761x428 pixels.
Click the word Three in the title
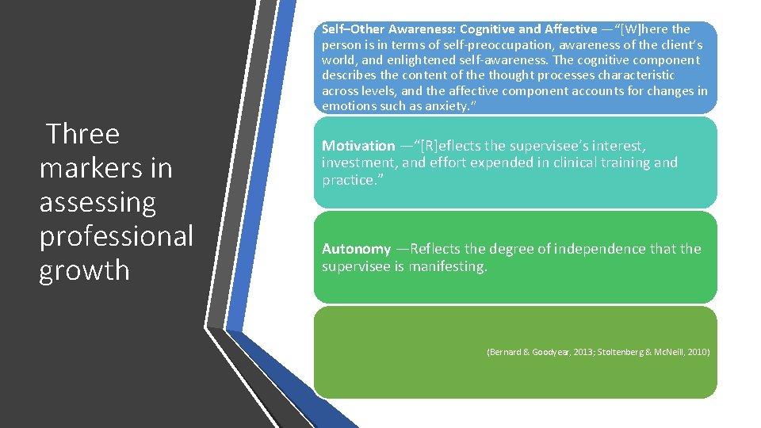click(83, 134)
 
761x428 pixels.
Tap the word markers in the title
click(105, 168)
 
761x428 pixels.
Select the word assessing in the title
click(98, 202)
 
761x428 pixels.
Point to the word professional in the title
click(116, 236)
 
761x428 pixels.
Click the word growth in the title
click(84, 270)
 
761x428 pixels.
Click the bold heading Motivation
click(358, 146)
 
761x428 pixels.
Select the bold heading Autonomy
click(356, 249)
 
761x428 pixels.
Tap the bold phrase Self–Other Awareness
click(373, 29)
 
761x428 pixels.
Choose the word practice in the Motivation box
click(347, 180)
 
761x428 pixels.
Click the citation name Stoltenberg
click(623, 351)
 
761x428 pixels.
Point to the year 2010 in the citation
click(698, 351)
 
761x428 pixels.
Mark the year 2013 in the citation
click(584, 351)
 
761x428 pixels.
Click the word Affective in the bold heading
click(565, 29)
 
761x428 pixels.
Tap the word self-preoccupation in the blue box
click(425, 44)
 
